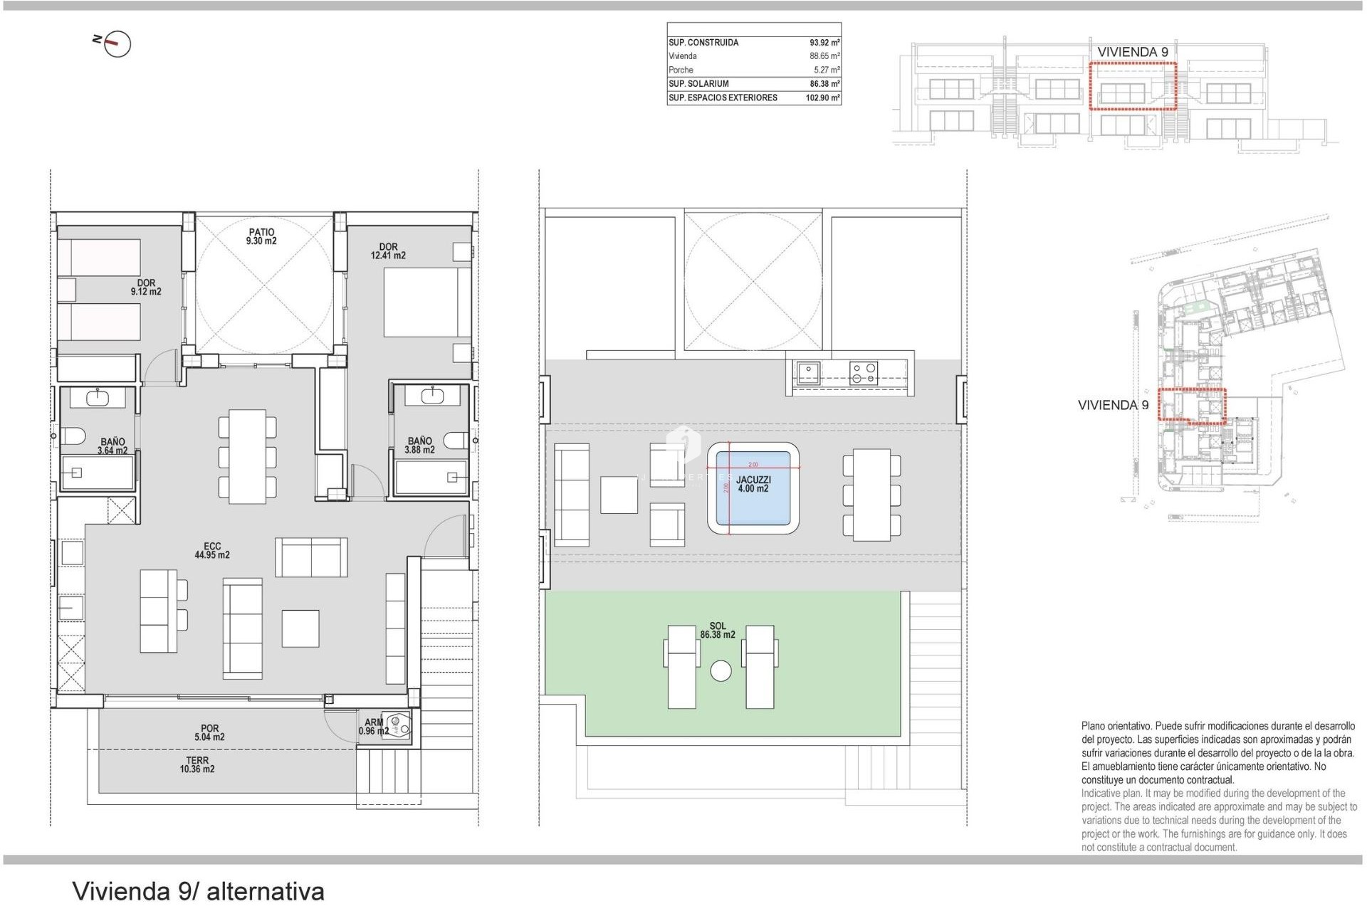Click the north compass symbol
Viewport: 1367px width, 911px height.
click(x=117, y=44)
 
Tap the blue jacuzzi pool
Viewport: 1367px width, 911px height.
click(x=753, y=488)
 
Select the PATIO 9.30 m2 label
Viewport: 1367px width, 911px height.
click(x=261, y=236)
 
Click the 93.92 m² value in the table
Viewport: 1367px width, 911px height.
click(x=824, y=43)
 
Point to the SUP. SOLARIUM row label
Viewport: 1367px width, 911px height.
click(x=698, y=84)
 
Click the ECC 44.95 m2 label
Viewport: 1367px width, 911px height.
click(x=212, y=551)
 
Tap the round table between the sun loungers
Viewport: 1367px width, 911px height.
click(x=721, y=671)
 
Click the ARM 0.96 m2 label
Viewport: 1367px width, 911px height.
click(x=374, y=727)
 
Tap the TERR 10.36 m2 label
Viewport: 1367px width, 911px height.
click(x=197, y=765)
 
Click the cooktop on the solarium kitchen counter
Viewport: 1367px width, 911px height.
click(x=864, y=374)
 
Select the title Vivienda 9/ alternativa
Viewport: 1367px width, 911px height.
click(x=199, y=891)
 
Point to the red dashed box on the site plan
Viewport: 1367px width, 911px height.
click(x=1192, y=405)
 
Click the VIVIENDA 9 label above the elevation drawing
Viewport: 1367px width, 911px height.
click(x=1132, y=52)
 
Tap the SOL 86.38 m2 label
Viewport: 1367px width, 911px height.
click(x=717, y=631)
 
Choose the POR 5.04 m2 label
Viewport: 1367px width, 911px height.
click(x=209, y=733)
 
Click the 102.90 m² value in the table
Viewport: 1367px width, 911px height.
click(x=822, y=98)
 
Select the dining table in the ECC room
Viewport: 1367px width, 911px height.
click(x=247, y=456)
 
